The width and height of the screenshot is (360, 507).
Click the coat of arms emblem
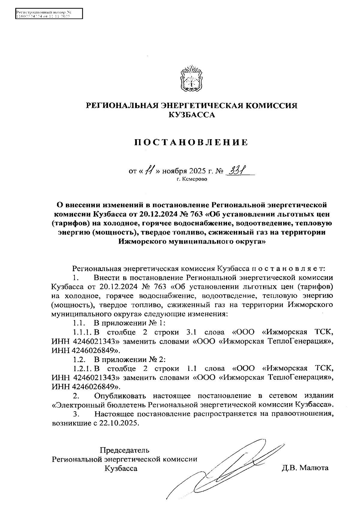[x=191, y=79]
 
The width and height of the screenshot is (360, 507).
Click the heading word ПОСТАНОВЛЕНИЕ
[x=191, y=142]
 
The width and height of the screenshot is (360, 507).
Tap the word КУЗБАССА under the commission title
[x=192, y=115]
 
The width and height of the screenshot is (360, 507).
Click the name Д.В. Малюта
[x=305, y=468]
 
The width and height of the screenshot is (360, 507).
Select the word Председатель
[x=124, y=450]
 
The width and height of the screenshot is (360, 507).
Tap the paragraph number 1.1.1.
[x=82, y=332]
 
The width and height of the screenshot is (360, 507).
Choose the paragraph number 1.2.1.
[x=82, y=368]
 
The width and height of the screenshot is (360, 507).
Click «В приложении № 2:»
[x=130, y=359]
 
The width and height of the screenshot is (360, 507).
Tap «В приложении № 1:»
[x=130, y=323]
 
